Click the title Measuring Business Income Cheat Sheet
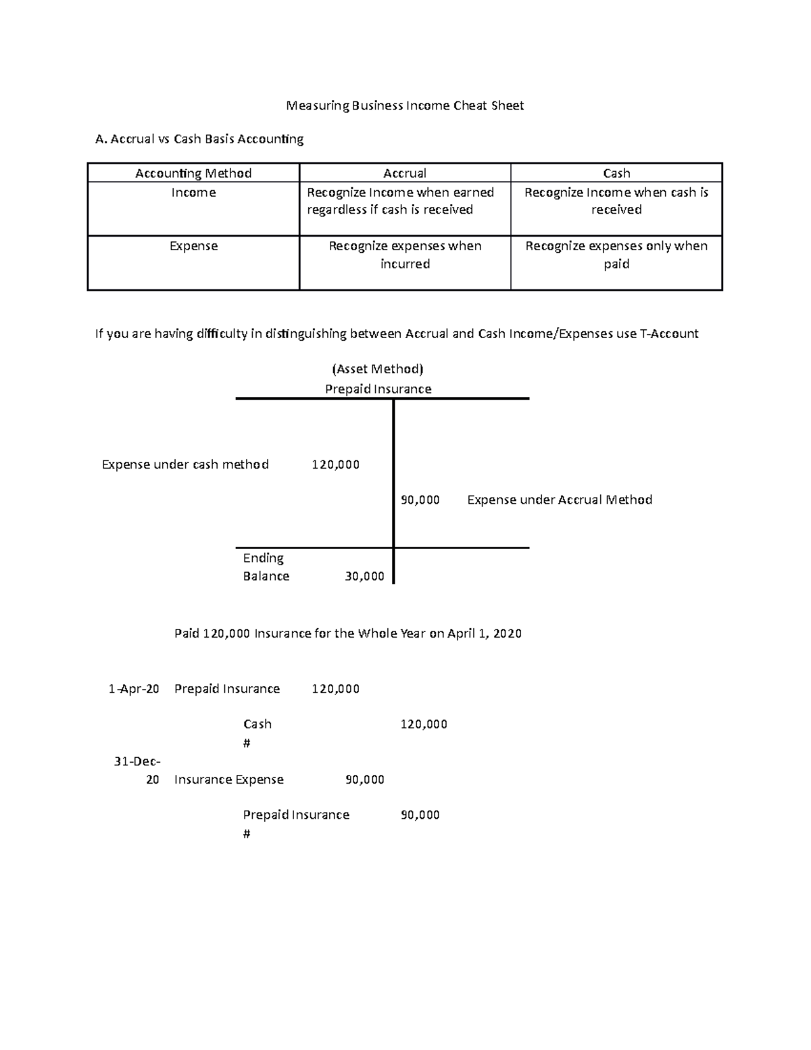tap(405, 105)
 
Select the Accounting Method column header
tap(193, 173)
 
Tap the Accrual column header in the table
tap(405, 173)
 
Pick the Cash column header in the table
tap(616, 173)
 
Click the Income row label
tap(193, 193)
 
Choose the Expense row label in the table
tap(193, 246)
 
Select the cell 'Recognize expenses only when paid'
tap(616, 255)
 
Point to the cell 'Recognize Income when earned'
tap(400, 193)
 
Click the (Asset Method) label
tap(378, 369)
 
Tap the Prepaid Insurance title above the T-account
tap(378, 389)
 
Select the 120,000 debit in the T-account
tap(335, 464)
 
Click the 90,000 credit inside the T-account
tap(420, 500)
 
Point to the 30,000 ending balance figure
tap(364, 576)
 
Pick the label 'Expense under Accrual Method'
tap(560, 500)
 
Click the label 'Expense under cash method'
tap(185, 464)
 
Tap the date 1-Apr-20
tap(134, 689)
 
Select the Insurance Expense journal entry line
tap(229, 780)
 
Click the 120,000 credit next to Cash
tap(424, 724)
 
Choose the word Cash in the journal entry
tap(257, 724)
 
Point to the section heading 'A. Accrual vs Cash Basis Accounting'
tap(199, 139)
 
